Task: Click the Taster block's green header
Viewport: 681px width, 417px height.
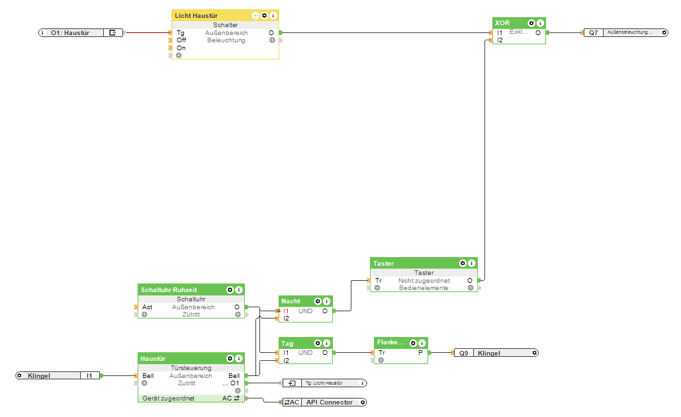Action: [x=410, y=263]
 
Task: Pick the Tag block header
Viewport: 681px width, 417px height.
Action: [x=291, y=343]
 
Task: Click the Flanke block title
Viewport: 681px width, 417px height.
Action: [x=390, y=342]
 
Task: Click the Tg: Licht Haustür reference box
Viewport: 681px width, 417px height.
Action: [x=324, y=383]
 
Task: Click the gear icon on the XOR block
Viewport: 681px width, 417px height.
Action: [x=531, y=22]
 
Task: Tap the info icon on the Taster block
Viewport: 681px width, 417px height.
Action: [x=471, y=263]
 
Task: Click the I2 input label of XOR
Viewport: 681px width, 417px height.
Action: [x=500, y=40]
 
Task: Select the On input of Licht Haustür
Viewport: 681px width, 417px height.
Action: [x=181, y=48]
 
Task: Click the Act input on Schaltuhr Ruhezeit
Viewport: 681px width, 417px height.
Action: [x=147, y=307]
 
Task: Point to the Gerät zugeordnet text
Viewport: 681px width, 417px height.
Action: [x=168, y=398]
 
